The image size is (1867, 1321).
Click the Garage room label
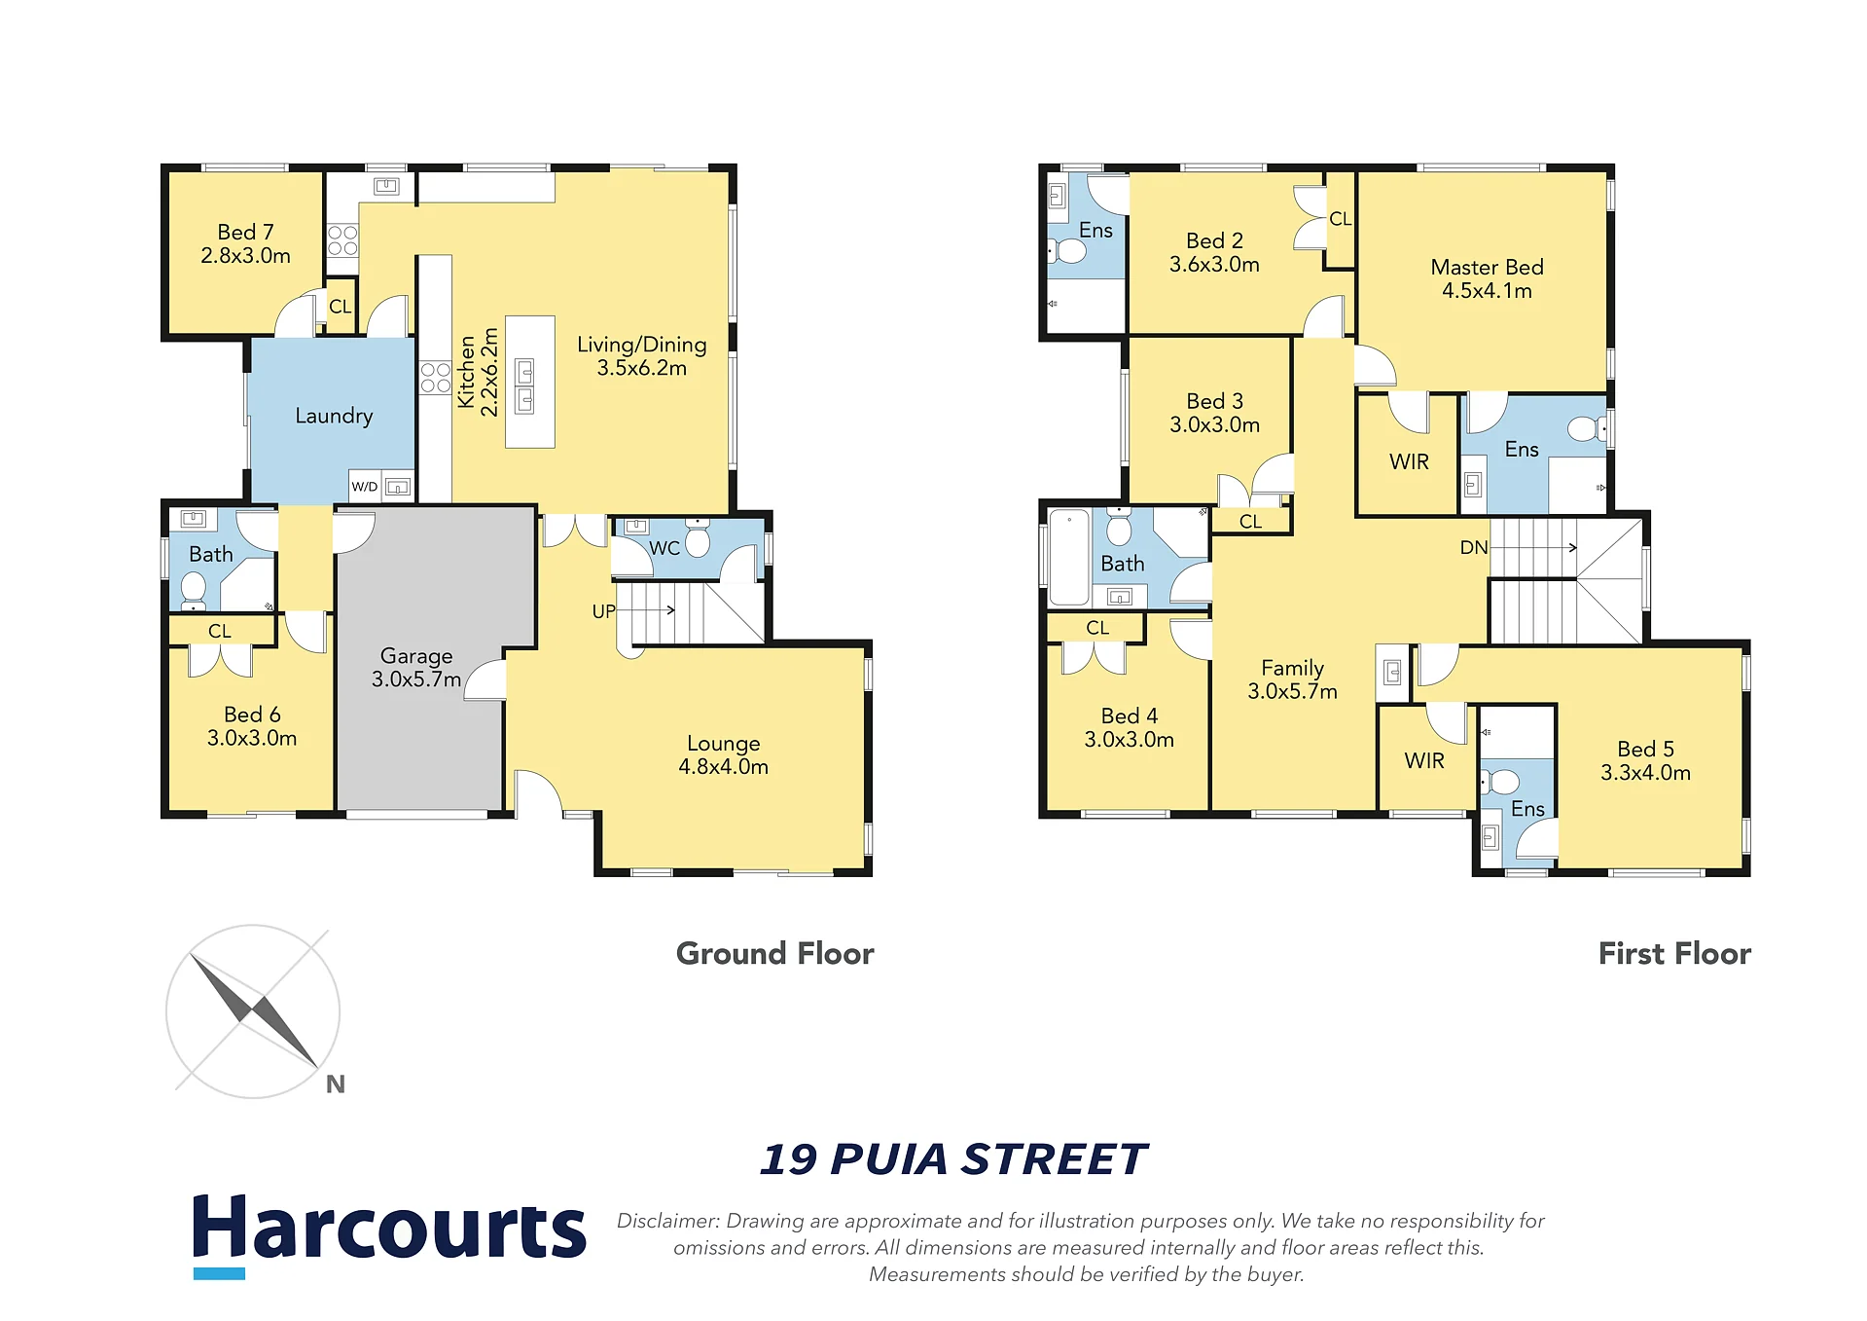416,656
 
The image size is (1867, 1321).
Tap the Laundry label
334,417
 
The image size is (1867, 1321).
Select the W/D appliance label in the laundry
364,487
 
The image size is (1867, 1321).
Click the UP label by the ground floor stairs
603,611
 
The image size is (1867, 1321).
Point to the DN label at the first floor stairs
1474,547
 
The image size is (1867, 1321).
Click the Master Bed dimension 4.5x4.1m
1487,291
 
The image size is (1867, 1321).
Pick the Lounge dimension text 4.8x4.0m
723,767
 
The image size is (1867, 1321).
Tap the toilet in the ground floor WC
698,538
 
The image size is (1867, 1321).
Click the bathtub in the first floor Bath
1069,558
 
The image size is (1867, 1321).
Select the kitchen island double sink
524,385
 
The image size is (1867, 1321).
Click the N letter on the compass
336,1084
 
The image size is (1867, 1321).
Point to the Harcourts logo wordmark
389,1229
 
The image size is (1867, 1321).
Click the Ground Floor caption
774,953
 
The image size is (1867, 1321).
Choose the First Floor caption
1674,953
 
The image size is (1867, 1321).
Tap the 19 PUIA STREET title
953,1159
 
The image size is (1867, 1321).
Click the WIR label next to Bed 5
1424,761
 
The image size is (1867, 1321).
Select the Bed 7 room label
245,233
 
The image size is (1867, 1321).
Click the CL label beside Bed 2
1340,219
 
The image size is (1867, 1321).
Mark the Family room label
1292,669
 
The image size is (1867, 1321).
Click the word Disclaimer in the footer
668,1221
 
